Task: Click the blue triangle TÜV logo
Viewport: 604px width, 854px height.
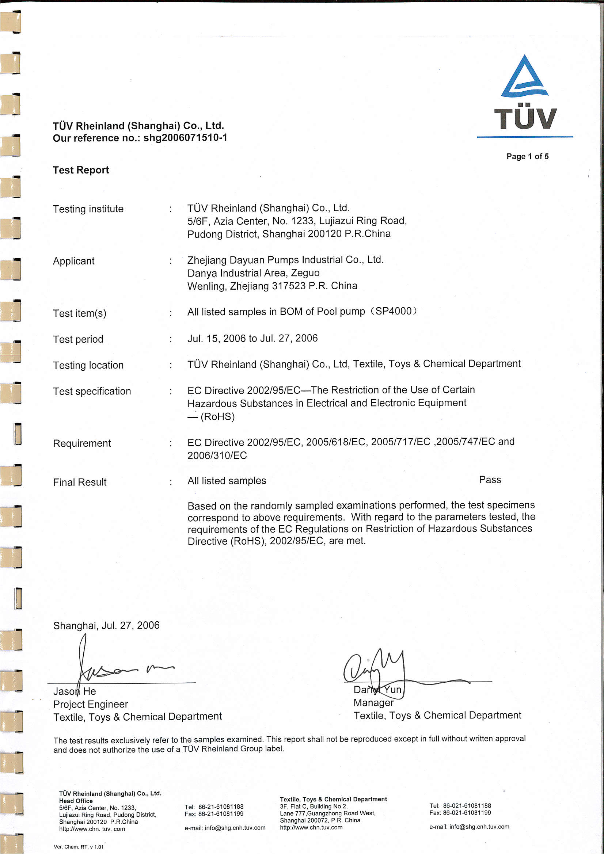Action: (524, 78)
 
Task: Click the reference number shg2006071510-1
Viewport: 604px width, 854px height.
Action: (185, 138)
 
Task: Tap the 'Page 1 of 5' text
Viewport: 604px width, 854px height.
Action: (527, 156)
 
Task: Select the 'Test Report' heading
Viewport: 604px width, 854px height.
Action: (81, 170)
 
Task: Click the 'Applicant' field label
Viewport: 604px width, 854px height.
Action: (74, 261)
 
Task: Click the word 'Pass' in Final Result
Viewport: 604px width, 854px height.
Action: (490, 480)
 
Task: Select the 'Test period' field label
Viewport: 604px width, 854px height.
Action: (78, 339)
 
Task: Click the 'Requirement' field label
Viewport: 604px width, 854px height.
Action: (82, 443)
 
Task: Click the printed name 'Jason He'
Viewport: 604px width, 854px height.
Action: (75, 691)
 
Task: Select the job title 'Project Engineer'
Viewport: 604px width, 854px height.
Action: (90, 704)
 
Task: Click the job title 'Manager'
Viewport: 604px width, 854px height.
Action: (373, 703)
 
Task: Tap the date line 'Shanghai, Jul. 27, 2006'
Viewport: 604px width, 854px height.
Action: (106, 626)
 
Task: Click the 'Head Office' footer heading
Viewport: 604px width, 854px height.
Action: (76, 801)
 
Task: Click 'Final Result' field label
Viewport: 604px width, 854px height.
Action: (80, 483)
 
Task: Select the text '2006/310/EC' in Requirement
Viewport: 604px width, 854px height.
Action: (217, 455)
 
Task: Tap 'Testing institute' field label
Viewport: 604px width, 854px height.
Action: (88, 209)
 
